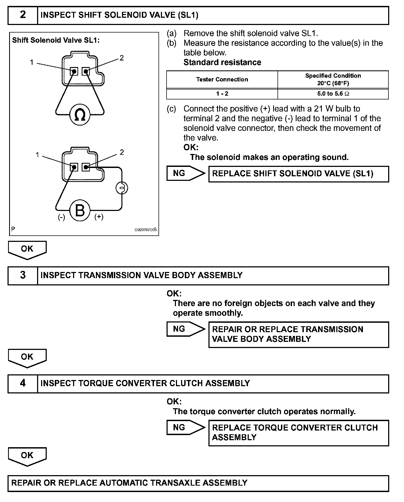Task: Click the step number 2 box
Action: [x=23, y=15]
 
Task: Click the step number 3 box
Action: [x=23, y=275]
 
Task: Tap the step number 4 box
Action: [x=23, y=383]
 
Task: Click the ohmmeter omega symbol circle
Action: [x=80, y=115]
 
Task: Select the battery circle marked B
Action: [x=80, y=210]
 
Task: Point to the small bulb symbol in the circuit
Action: [x=122, y=188]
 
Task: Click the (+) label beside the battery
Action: [x=99, y=217]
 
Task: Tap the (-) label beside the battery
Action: [x=62, y=217]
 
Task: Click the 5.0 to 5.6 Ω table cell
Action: [x=333, y=94]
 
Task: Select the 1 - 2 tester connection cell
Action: [x=222, y=94]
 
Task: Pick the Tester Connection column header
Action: [x=222, y=79]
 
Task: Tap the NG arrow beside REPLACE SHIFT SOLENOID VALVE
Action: [x=185, y=173]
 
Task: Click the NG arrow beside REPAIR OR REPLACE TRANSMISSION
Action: [x=185, y=329]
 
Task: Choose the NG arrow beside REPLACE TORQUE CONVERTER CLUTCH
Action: [x=185, y=427]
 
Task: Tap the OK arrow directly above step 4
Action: [x=27, y=357]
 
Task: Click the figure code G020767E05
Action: [x=145, y=230]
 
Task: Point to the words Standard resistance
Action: [x=222, y=62]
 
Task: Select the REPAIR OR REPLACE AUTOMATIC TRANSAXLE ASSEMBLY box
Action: [x=198, y=483]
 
